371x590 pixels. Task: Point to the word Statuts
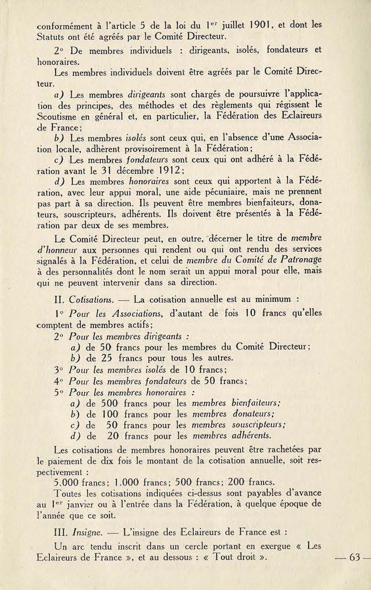click(x=52, y=37)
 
